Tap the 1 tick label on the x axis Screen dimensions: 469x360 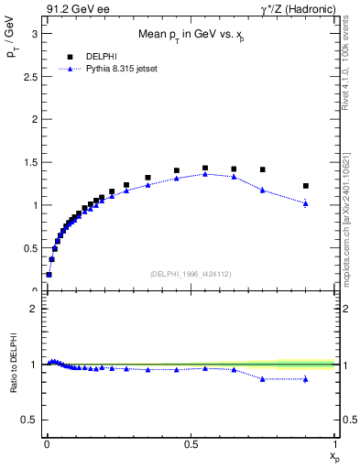pyautogui.click(x=335, y=443)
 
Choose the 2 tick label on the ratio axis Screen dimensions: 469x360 pyautogui.click(x=33, y=309)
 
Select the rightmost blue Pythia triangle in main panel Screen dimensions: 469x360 pyautogui.click(x=306, y=202)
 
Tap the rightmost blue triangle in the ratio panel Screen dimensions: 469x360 pyautogui.click(x=306, y=378)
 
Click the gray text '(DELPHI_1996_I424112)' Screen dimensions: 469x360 pyautogui.click(x=190, y=272)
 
